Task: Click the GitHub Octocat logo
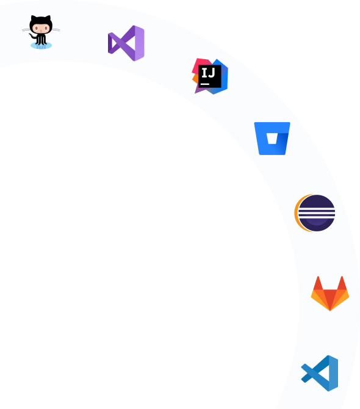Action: pyautogui.click(x=41, y=32)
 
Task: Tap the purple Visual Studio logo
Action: pyautogui.click(x=126, y=43)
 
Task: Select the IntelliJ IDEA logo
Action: pyautogui.click(x=210, y=76)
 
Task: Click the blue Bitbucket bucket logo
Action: pyautogui.click(x=272, y=138)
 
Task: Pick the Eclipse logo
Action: pyautogui.click(x=315, y=213)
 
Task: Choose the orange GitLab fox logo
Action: pyautogui.click(x=330, y=294)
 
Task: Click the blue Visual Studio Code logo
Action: pyautogui.click(x=320, y=373)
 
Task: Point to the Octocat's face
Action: pyautogui.click(x=41, y=28)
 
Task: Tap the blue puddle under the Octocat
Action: pyautogui.click(x=41, y=46)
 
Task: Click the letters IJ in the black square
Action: pyautogui.click(x=208, y=72)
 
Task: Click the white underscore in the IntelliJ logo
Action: pyautogui.click(x=205, y=84)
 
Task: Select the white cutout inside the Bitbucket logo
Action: pyautogui.click(x=272, y=138)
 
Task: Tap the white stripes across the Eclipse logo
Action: pyautogui.click(x=317, y=214)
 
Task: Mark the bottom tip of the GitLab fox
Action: pyautogui.click(x=330, y=311)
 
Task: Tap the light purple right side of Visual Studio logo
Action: pyautogui.click(x=140, y=43)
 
